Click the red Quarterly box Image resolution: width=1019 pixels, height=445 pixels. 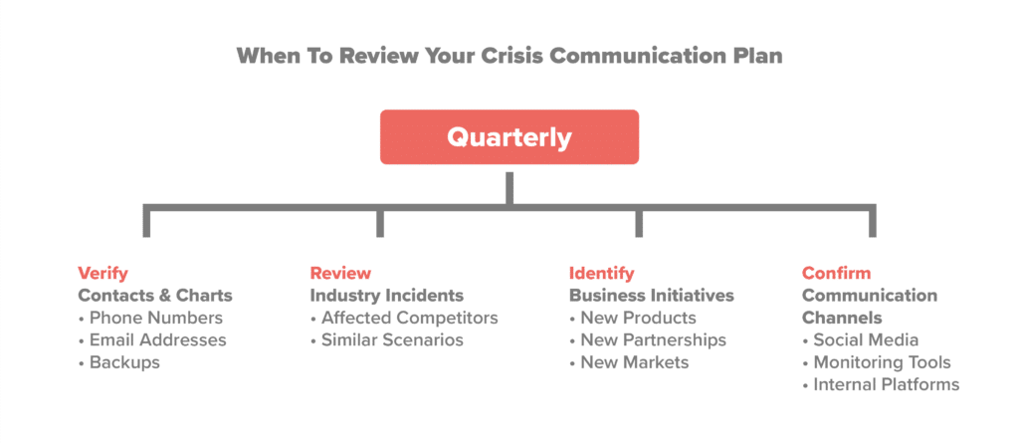point(509,136)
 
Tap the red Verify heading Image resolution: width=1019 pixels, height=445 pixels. point(102,273)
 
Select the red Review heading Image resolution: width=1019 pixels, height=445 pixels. point(340,273)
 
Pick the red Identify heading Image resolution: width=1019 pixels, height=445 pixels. point(601,273)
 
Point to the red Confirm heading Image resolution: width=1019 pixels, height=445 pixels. point(836,273)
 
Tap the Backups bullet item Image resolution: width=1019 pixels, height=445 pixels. point(124,362)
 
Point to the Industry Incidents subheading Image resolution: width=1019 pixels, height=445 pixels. point(386,296)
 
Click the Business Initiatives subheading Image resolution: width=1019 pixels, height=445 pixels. point(651,296)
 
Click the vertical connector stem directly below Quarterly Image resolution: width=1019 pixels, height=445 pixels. point(509,186)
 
